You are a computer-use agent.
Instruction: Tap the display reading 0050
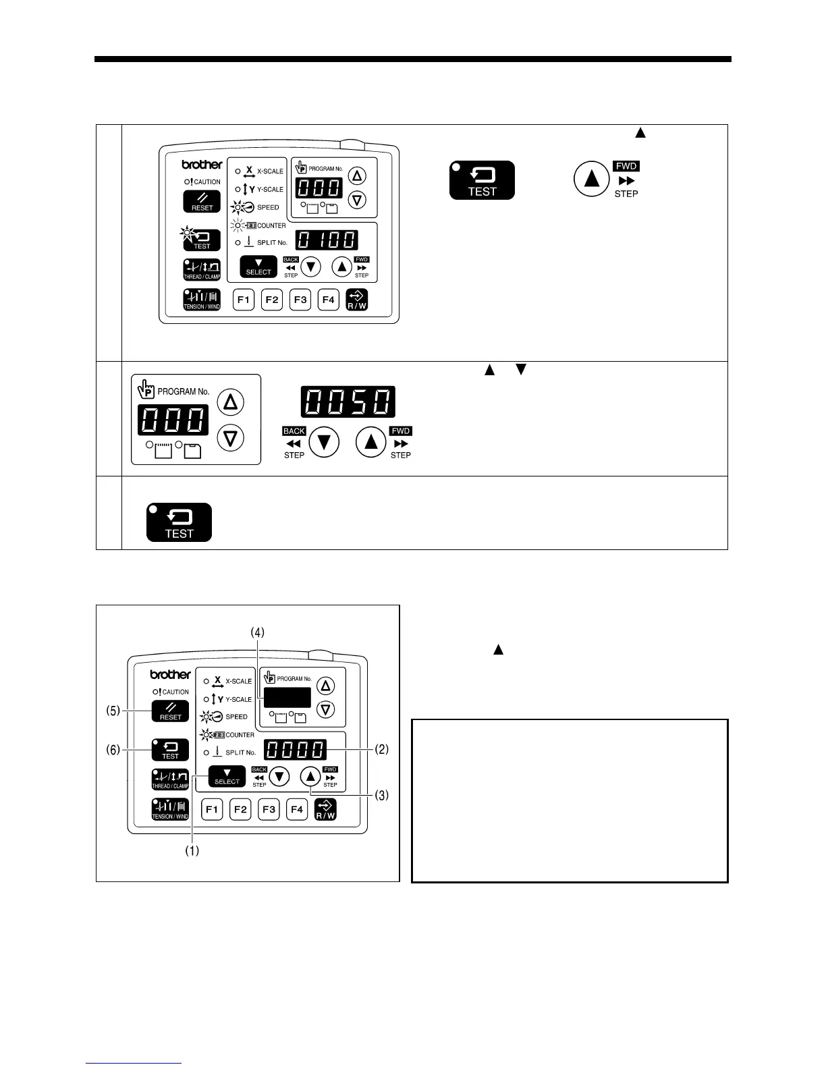[348, 403]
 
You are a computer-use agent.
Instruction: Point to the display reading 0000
[295, 750]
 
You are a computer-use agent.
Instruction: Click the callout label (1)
[192, 851]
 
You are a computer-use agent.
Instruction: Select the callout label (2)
[382, 749]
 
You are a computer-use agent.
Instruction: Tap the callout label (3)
[382, 795]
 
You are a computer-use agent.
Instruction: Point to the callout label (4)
[258, 632]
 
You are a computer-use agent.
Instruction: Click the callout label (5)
[113, 711]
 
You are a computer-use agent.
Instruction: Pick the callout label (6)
[113, 749]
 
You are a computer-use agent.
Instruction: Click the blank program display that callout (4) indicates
[287, 697]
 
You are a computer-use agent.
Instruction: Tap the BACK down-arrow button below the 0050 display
[324, 443]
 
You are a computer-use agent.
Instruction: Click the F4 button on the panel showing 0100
[328, 300]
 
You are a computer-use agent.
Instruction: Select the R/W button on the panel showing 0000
[325, 809]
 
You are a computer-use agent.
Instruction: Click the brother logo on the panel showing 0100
[202, 165]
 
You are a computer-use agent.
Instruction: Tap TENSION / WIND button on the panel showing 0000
[171, 809]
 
